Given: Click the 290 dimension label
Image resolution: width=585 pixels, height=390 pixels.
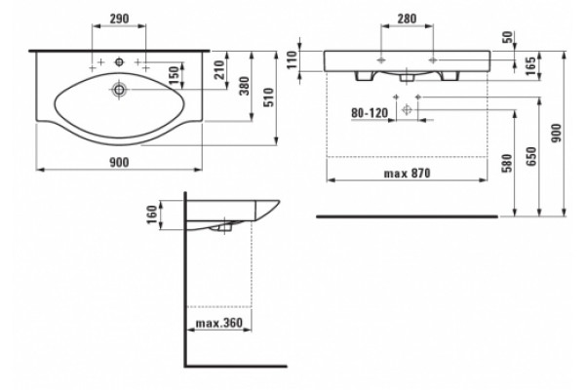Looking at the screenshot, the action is tap(119, 18).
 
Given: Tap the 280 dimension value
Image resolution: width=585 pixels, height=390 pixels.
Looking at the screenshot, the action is tap(407, 19).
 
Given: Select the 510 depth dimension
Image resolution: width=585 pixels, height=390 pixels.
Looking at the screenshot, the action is tap(269, 97).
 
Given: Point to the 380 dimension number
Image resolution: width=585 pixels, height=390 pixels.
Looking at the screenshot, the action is tap(244, 86).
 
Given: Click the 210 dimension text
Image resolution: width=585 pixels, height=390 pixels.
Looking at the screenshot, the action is tap(220, 70).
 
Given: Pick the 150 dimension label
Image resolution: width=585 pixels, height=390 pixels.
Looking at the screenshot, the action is tap(174, 76).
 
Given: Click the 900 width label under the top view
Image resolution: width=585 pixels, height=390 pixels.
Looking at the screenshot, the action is tap(119, 163).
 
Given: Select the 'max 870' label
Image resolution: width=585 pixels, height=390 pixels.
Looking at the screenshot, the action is tap(407, 174).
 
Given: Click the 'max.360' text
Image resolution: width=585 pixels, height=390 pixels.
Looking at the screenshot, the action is tap(219, 323).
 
